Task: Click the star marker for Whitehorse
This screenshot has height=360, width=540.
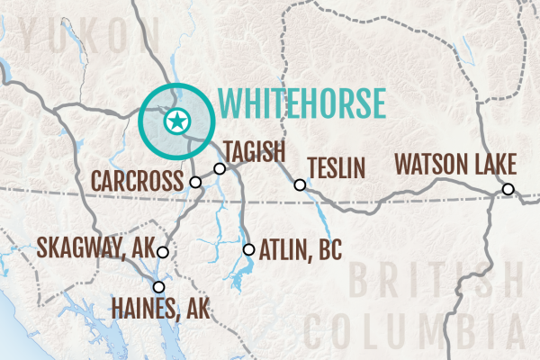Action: pyautogui.click(x=177, y=120)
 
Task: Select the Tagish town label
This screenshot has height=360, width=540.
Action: pyautogui.click(x=255, y=148)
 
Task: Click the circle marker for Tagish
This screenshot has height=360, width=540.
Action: pyautogui.click(x=220, y=168)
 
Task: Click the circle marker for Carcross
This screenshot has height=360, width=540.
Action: pyautogui.click(x=196, y=182)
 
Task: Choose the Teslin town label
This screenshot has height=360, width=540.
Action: pyautogui.click(x=336, y=168)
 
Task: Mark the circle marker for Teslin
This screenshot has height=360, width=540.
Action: pyautogui.click(x=301, y=185)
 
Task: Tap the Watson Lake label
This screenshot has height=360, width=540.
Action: pyautogui.click(x=455, y=166)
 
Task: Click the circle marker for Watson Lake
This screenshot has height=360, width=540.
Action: pyautogui.click(x=508, y=189)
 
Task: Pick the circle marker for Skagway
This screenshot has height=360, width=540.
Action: pyautogui.click(x=163, y=253)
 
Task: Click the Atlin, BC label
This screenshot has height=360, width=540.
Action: pyautogui.click(x=300, y=249)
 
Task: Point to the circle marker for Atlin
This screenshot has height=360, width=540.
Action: pyautogui.click(x=249, y=249)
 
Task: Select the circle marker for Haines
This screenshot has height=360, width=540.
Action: pyautogui.click(x=159, y=288)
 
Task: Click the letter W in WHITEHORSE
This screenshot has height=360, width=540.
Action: pyautogui.click(x=232, y=103)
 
